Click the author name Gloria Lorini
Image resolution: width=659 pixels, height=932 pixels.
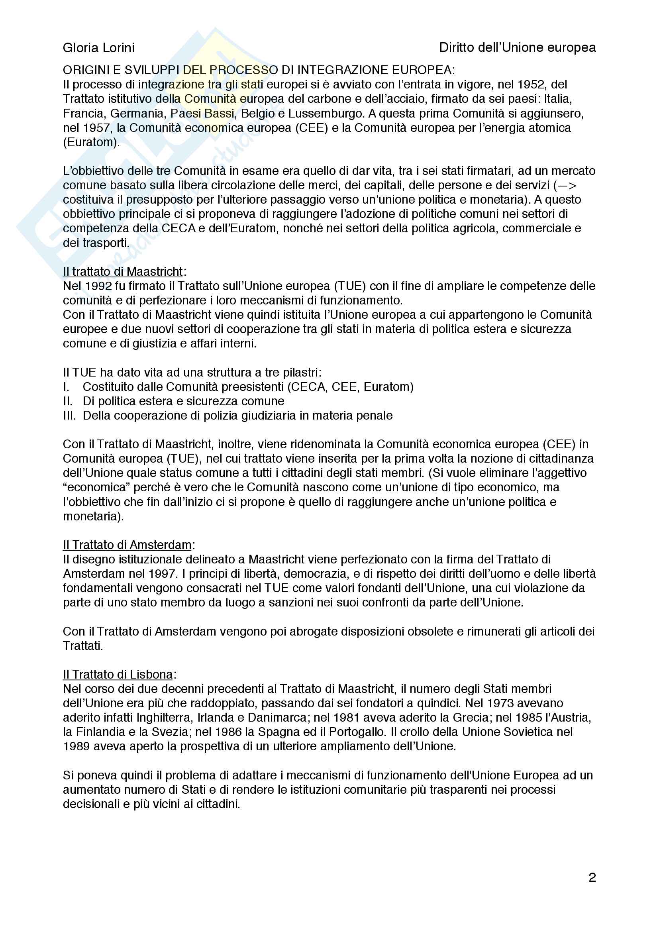[98, 48]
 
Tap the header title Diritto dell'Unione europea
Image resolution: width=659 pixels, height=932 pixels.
[518, 47]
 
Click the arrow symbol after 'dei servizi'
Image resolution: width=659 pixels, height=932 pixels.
[567, 186]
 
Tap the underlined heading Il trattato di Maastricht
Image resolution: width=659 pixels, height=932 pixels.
[123, 272]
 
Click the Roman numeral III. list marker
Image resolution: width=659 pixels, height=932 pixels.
[69, 416]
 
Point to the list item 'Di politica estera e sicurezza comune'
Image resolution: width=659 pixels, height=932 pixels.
[183, 401]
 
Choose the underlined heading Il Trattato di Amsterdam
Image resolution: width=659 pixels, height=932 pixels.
[127, 545]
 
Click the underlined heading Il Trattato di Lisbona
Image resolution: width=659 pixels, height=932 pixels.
[118, 674]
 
